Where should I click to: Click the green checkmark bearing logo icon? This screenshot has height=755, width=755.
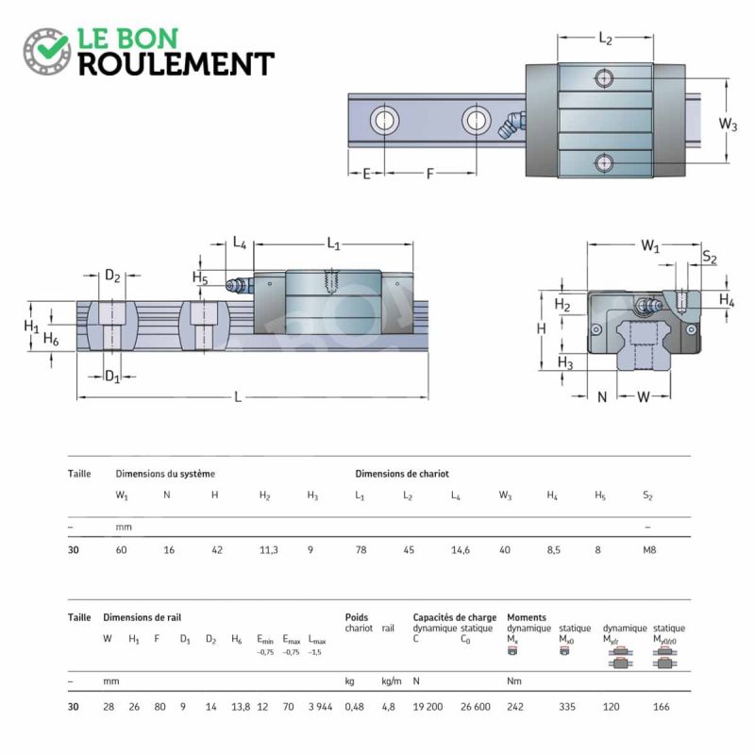(46, 52)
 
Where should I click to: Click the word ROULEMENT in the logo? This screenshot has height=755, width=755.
(176, 64)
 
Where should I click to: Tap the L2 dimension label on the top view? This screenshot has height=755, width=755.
(605, 38)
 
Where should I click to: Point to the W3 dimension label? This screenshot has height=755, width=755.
(728, 124)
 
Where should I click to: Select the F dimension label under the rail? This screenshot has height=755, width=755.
(430, 174)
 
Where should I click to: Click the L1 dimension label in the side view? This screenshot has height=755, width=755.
(333, 243)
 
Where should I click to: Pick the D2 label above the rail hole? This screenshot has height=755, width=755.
(112, 276)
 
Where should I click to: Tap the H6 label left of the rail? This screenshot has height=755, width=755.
(51, 339)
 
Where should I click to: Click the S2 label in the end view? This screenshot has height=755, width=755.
(710, 257)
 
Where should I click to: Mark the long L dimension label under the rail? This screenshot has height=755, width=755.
(238, 397)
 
